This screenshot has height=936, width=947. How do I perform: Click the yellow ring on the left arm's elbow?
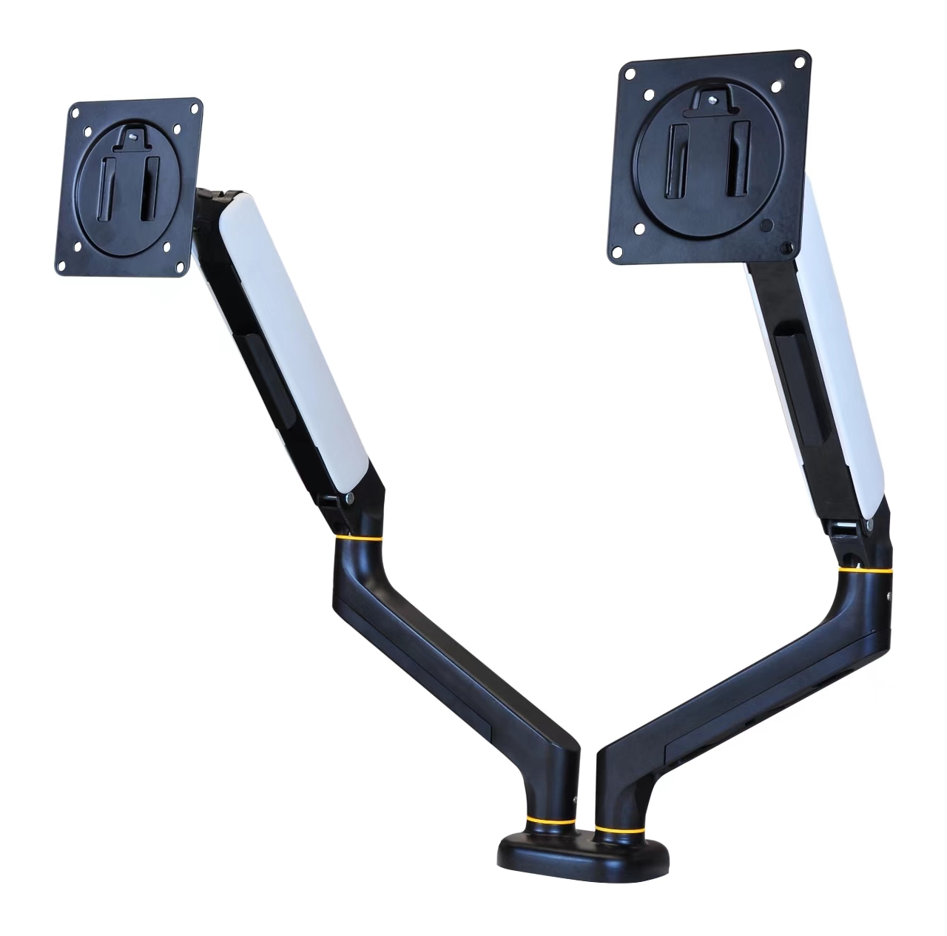358,538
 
